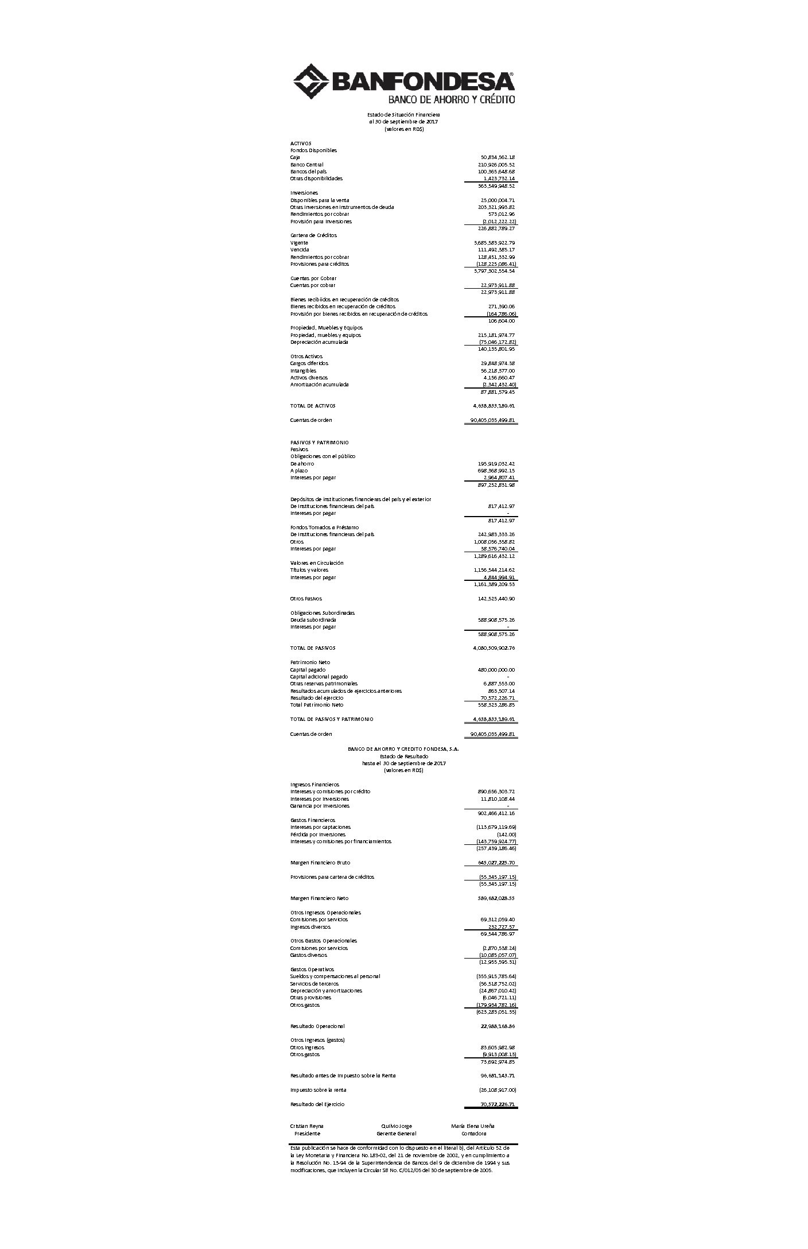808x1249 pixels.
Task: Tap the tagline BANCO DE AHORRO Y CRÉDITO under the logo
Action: (452, 99)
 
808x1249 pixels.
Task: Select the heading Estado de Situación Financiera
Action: (403, 115)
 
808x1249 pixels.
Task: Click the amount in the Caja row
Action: (497, 157)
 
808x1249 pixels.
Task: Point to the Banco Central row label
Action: (306, 165)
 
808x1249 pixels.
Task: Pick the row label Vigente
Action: (299, 243)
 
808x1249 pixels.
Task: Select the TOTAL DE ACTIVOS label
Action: (313, 406)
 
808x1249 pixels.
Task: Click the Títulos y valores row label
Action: (309, 570)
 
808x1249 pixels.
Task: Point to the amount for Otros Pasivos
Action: (496, 599)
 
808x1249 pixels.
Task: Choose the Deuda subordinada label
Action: (313, 620)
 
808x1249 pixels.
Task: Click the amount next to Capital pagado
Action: (496, 670)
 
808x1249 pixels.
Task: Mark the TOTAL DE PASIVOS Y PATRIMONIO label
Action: (332, 719)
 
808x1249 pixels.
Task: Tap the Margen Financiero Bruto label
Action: (320, 863)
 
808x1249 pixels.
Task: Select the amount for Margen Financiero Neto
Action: (496, 898)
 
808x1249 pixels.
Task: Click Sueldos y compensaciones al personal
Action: (335, 976)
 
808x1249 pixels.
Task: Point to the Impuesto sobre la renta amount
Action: (497, 1090)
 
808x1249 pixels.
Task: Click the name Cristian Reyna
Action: (307, 1126)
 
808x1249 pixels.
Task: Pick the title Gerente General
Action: (397, 1134)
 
